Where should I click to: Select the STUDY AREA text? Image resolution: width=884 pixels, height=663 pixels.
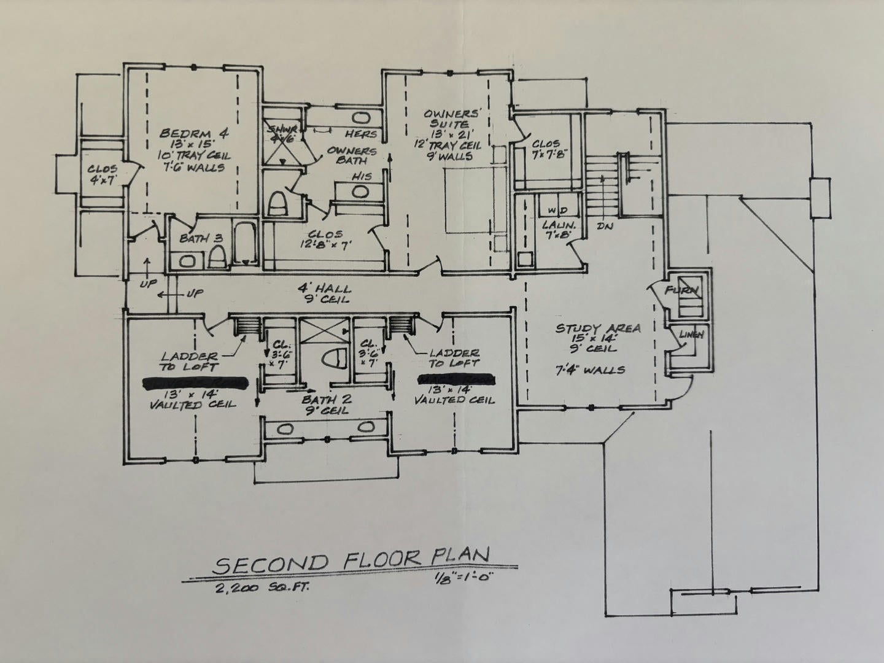pos(598,328)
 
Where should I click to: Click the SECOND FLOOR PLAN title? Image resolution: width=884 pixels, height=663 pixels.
pos(351,562)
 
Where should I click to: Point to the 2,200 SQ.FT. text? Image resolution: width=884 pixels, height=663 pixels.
pos(262,588)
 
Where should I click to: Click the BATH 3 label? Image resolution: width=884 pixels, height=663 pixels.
pos(200,238)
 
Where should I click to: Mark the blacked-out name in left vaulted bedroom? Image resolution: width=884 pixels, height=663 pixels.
pos(195,382)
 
